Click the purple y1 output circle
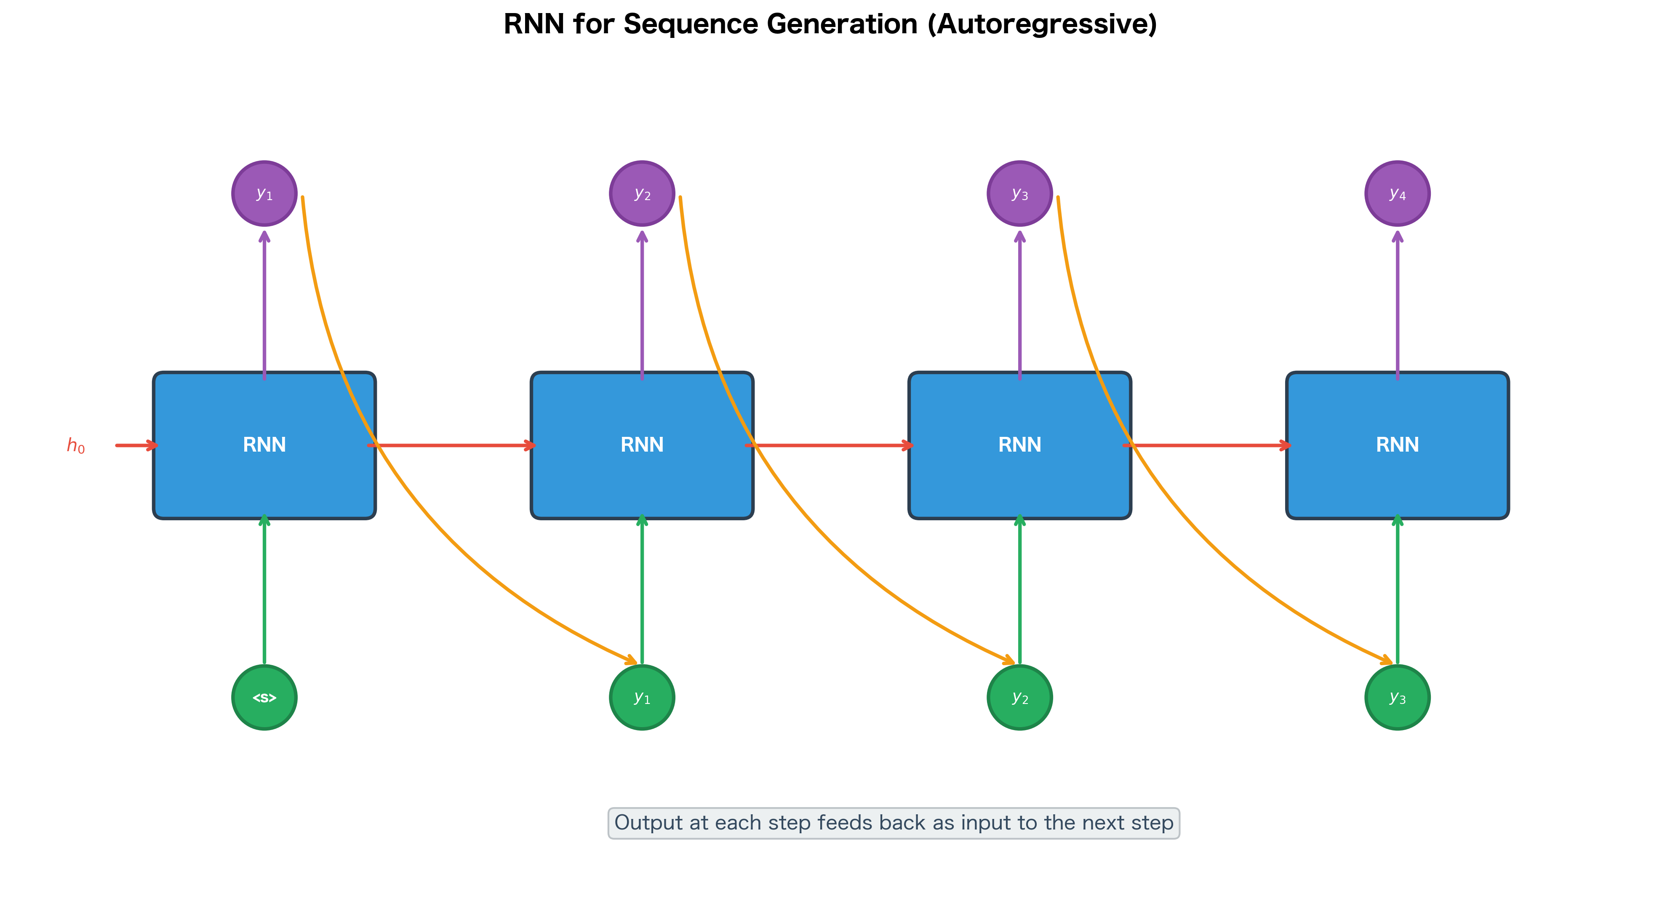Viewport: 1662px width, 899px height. (264, 194)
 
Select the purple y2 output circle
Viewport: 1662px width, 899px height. (642, 194)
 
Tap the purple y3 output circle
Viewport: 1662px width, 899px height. (1019, 194)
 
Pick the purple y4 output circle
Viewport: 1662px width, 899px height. (1398, 194)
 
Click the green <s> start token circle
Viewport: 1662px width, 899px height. (264, 698)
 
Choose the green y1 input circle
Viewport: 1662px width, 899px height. (642, 698)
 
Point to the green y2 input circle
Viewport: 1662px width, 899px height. (1019, 698)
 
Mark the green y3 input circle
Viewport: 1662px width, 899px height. (1398, 698)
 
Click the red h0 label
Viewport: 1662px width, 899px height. (75, 445)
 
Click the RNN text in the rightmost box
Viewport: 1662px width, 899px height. (1398, 445)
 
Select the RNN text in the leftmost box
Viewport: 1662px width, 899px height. (264, 445)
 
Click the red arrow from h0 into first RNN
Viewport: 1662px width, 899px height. (136, 445)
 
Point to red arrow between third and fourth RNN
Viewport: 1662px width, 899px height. (1213, 445)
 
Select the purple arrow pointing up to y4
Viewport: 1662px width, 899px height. (1398, 303)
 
